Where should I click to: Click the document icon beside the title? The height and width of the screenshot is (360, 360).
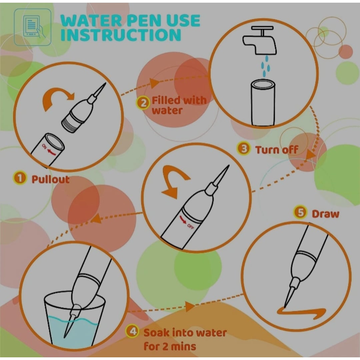33,27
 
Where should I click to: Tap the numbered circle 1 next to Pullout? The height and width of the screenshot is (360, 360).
20,179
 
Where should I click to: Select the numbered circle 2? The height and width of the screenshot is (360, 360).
143,103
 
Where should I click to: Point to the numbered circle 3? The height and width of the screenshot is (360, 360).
244,149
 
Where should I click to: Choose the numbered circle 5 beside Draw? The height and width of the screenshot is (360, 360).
301,213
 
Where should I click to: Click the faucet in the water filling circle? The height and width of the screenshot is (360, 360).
259,42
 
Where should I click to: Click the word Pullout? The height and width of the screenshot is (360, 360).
50,179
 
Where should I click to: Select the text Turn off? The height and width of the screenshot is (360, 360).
276,150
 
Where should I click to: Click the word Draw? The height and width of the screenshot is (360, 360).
325,214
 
